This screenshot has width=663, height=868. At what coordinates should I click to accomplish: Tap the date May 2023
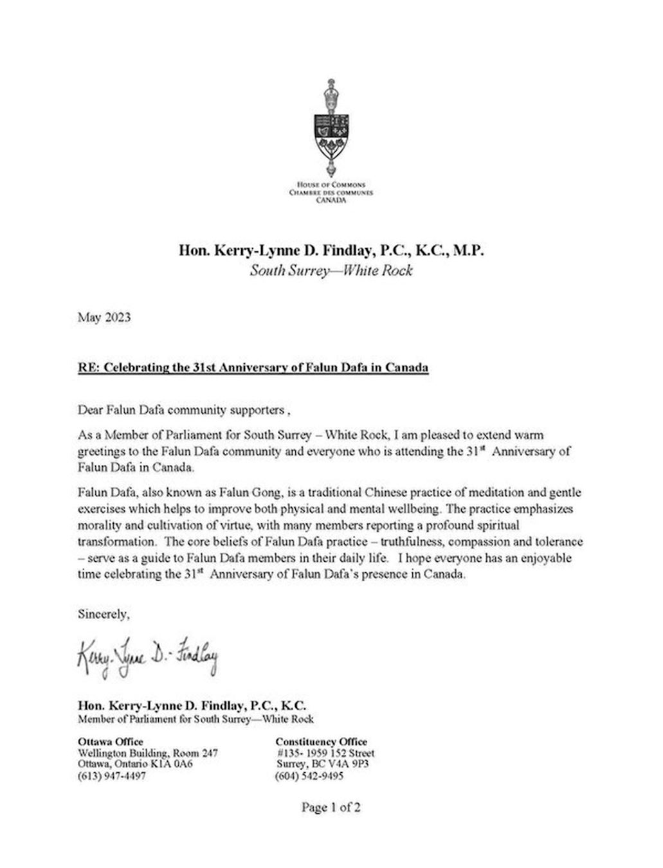[x=104, y=318]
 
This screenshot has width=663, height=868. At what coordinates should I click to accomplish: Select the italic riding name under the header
[x=331, y=270]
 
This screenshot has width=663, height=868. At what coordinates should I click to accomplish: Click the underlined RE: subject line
[x=253, y=368]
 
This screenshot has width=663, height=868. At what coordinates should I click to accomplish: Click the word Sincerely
[x=104, y=614]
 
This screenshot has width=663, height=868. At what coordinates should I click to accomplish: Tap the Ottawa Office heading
[x=111, y=742]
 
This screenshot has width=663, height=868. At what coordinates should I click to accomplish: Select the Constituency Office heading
[x=322, y=742]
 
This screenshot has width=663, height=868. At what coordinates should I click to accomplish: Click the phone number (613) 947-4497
[x=112, y=776]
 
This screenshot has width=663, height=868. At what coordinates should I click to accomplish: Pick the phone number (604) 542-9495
[x=309, y=776]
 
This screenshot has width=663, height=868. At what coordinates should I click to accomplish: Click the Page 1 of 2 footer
[x=331, y=808]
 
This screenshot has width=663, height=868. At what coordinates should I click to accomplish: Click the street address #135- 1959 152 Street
[x=325, y=753]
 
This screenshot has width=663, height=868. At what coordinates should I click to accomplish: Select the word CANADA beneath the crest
[x=331, y=200]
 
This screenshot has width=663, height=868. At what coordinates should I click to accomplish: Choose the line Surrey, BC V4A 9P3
[x=323, y=764]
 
